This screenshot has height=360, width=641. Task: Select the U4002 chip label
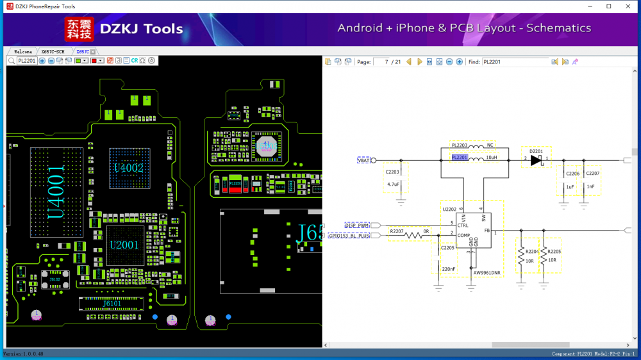[128, 168]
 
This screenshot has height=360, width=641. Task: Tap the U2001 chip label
[124, 245]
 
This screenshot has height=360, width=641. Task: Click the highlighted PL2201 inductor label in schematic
[460, 157]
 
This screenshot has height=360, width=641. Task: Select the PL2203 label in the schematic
[460, 145]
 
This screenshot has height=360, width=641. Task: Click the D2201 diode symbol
[537, 160]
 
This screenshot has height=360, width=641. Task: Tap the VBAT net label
[363, 160]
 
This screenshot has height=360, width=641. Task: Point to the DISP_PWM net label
[357, 225]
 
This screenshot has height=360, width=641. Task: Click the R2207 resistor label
[397, 231]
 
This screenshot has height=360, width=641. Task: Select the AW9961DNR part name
[487, 272]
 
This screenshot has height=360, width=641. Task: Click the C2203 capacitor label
[392, 172]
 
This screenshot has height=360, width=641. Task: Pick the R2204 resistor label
[532, 251]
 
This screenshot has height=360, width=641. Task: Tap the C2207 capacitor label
[593, 174]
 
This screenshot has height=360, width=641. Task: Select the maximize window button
[609, 6]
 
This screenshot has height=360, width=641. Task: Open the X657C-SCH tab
[53, 51]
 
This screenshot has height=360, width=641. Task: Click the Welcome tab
[23, 51]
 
